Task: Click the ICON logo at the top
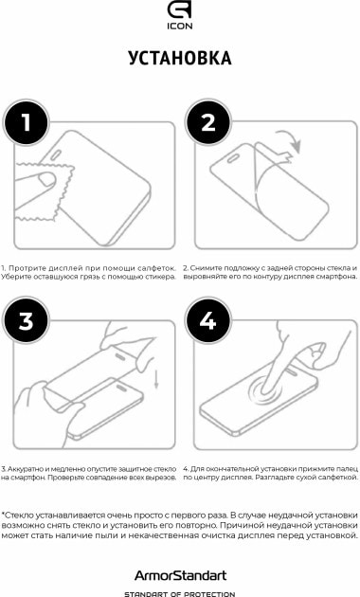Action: [180, 15]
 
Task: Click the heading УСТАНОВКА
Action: [180, 58]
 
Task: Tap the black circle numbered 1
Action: [26, 122]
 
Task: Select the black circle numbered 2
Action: [208, 122]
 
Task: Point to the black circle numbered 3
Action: [26, 320]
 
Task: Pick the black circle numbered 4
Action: [208, 320]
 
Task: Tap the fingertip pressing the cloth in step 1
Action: [46, 178]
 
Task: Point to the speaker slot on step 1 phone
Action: [57, 155]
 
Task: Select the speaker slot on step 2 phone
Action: [234, 158]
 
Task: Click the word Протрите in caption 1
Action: [25, 268]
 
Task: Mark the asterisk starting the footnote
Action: [4, 514]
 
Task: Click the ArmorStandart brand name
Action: [180, 575]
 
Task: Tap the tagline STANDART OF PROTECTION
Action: [180, 593]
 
